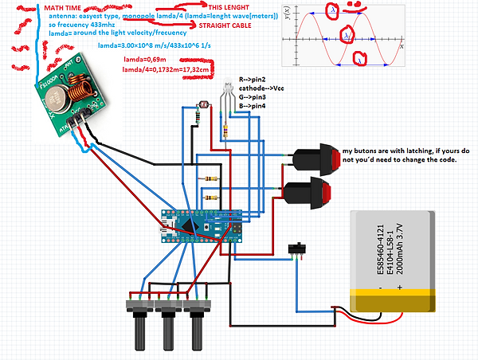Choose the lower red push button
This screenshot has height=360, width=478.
(308, 194)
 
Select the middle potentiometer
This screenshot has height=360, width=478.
(167, 318)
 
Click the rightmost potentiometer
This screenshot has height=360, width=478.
(196, 318)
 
